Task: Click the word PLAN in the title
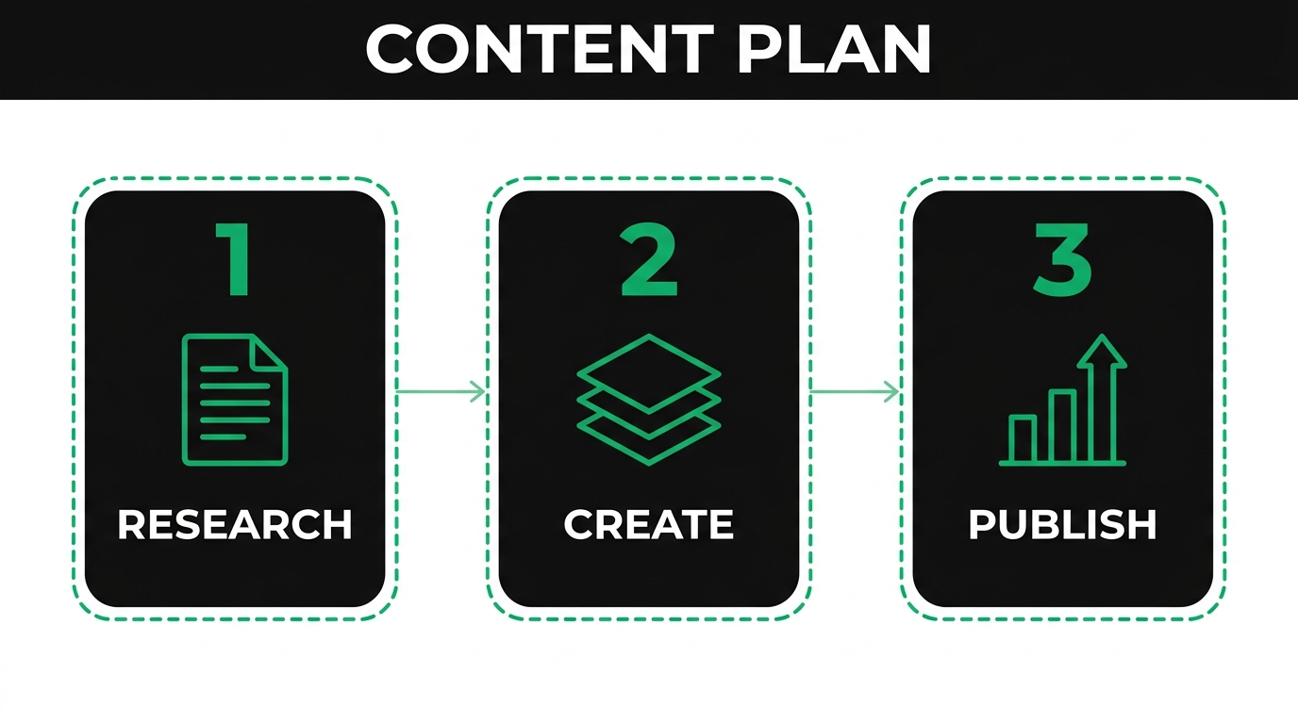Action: point(833,48)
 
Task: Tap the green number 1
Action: point(234,260)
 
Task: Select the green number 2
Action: point(649,260)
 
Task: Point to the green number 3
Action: point(1063,259)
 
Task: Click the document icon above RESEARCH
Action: point(234,401)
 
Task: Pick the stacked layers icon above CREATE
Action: point(649,399)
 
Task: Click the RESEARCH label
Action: point(234,524)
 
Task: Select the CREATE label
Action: point(649,524)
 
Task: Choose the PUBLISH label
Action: point(1063,524)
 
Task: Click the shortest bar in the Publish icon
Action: point(1023,439)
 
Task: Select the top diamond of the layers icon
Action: point(649,371)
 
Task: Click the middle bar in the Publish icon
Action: point(1062,426)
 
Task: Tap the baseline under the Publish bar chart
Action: point(1063,463)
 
